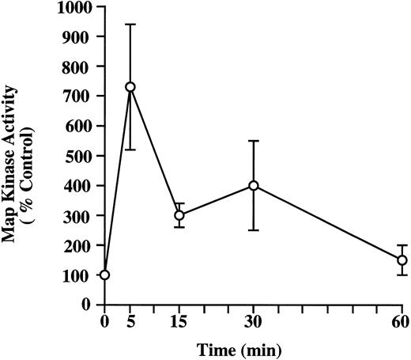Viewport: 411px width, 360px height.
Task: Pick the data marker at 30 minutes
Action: tap(253, 185)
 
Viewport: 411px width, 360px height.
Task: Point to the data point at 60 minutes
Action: tap(402, 260)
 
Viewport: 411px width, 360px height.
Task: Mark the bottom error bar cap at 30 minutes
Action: tap(253, 230)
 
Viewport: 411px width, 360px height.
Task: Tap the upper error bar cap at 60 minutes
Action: tap(402, 245)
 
